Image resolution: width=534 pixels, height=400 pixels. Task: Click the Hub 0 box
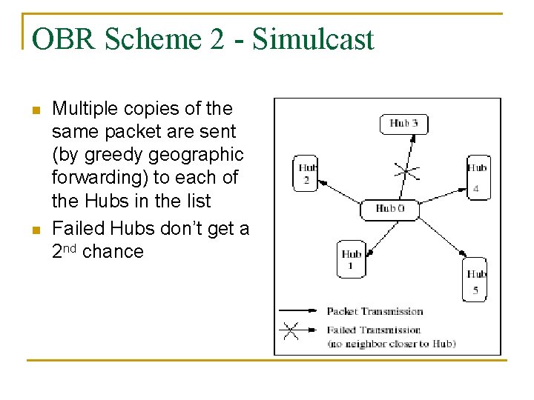[x=389, y=209]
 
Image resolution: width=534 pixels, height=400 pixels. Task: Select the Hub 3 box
[x=403, y=123]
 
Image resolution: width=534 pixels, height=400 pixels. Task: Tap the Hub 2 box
[x=306, y=173]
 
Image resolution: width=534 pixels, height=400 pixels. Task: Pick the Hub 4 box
[x=477, y=178]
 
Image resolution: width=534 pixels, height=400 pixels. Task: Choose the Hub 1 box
[x=351, y=259]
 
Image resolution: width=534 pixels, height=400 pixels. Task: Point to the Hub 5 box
[x=475, y=279]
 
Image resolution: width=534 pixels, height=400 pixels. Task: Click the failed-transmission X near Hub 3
[x=405, y=172]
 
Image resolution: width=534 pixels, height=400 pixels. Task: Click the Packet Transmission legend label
[x=375, y=311]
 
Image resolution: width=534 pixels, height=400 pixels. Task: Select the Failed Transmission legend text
[x=373, y=330]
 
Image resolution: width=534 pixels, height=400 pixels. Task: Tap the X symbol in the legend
[x=291, y=330]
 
